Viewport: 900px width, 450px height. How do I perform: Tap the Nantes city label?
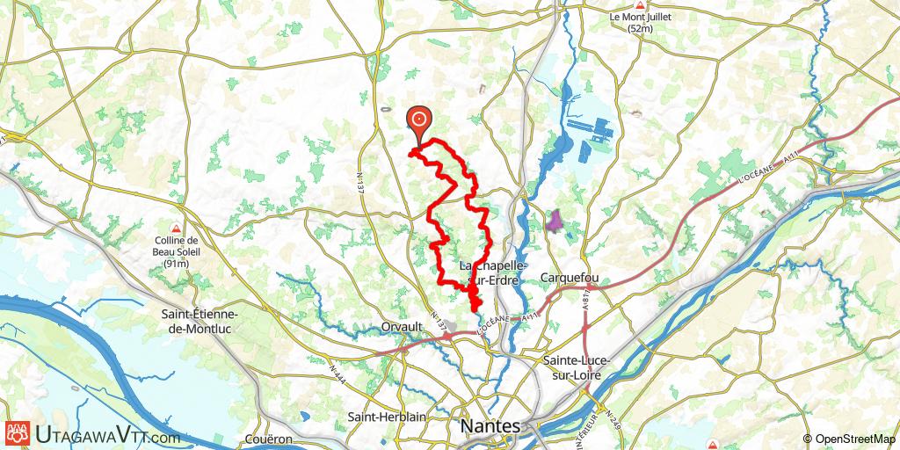tap(490, 426)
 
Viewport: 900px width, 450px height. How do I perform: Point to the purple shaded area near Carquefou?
tap(554, 220)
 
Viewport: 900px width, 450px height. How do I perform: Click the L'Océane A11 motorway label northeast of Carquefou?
tap(760, 167)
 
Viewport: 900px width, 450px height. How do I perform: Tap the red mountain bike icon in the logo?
tap(16, 433)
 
